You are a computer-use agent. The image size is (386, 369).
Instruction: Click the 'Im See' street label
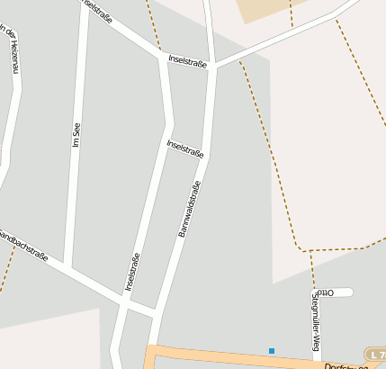(x=76, y=132)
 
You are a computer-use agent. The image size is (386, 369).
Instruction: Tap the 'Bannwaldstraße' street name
(x=189, y=208)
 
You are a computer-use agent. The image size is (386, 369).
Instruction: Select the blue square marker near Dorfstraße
(x=271, y=350)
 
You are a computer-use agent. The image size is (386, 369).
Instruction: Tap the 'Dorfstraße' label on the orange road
(x=346, y=364)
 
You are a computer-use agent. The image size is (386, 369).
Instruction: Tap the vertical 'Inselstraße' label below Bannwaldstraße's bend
(x=131, y=273)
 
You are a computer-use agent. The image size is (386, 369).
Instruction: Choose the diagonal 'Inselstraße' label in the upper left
(x=98, y=11)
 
